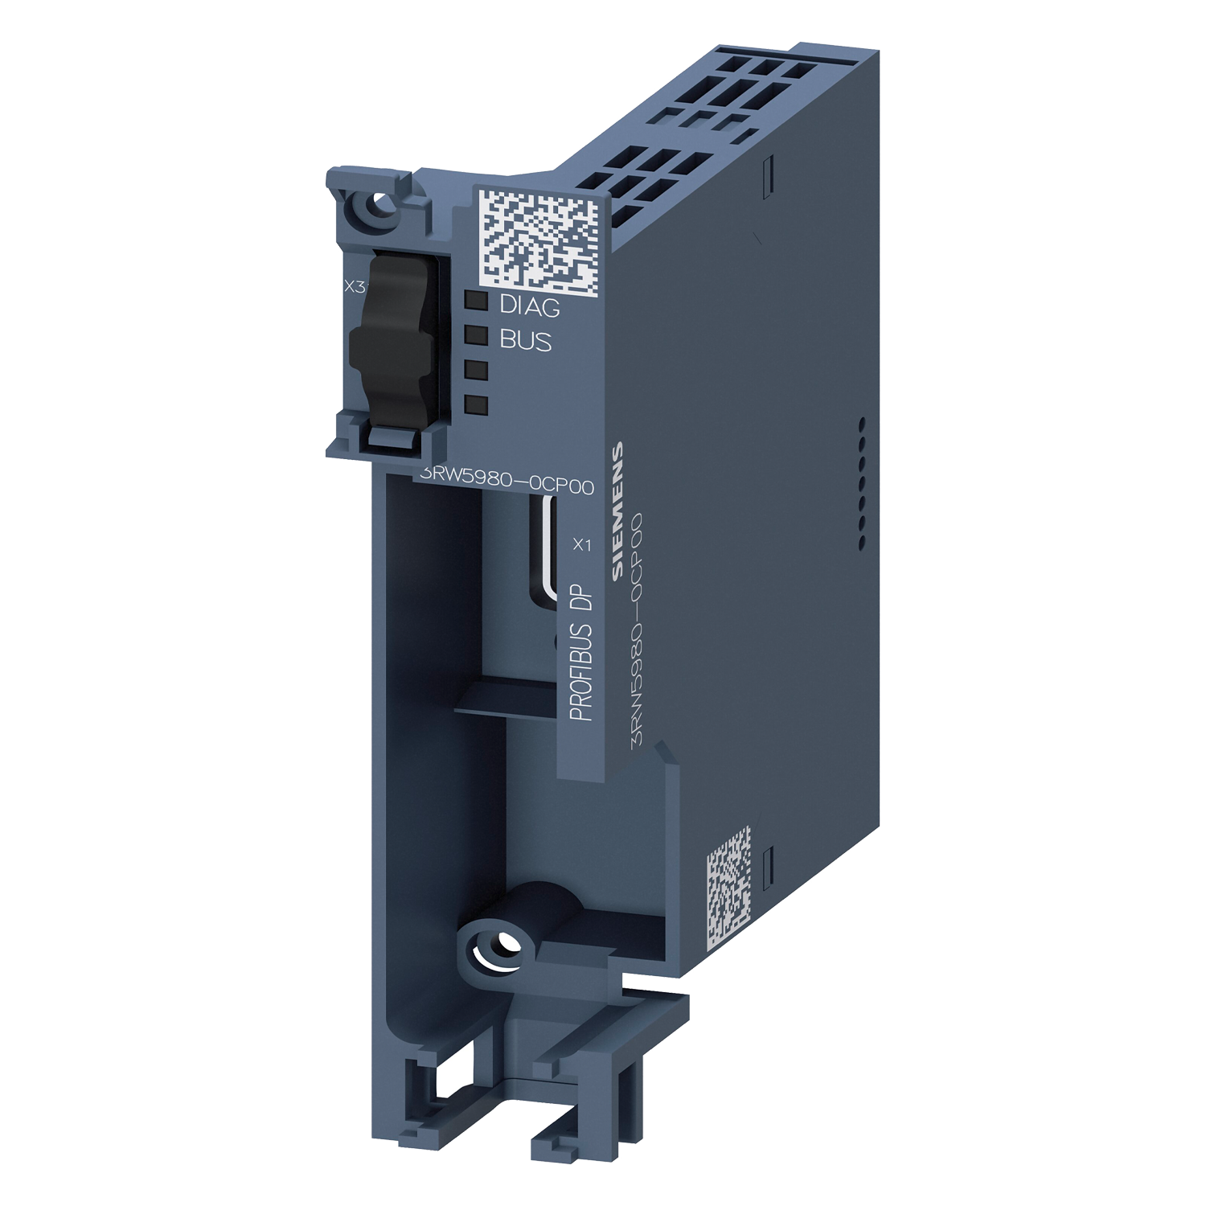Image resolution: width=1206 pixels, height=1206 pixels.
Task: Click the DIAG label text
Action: [530, 306]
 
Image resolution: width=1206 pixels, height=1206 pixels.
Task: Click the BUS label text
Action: [526, 341]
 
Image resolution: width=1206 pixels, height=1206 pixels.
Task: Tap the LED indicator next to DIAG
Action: [477, 301]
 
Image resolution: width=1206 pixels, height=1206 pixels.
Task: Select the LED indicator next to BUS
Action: [477, 335]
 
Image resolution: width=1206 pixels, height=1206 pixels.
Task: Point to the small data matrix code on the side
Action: [728, 884]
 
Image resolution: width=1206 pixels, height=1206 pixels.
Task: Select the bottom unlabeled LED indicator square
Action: [477, 404]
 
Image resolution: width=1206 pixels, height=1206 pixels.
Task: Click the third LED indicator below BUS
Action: [477, 370]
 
